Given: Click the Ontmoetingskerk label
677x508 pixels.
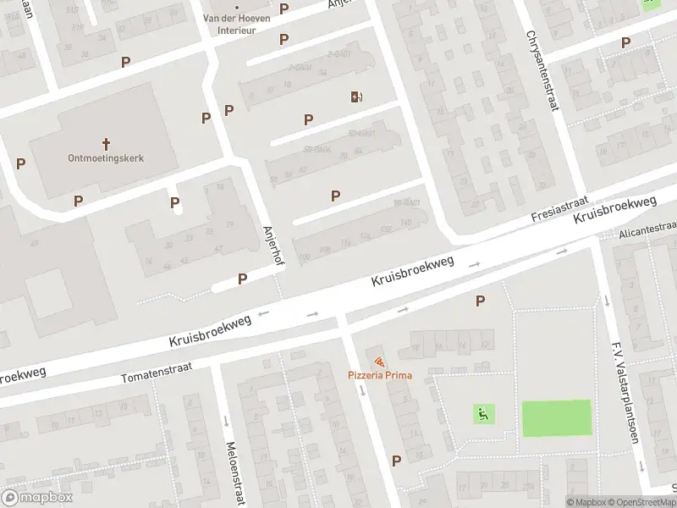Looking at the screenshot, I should (x=106, y=157).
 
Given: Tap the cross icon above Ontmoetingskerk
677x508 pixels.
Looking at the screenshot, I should (x=106, y=143).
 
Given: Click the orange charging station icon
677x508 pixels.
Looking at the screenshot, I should (x=356, y=97).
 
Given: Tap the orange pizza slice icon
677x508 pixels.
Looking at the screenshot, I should (x=378, y=362).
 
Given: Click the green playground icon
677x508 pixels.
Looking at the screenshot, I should (x=483, y=414).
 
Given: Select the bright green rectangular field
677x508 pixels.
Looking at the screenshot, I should (x=556, y=418).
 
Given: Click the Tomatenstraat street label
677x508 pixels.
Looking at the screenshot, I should (x=157, y=372).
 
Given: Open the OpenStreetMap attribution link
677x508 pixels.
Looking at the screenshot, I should (x=636, y=502).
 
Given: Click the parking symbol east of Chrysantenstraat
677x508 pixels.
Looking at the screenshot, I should (x=625, y=42).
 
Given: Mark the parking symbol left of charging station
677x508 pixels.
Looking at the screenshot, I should (x=308, y=120).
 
